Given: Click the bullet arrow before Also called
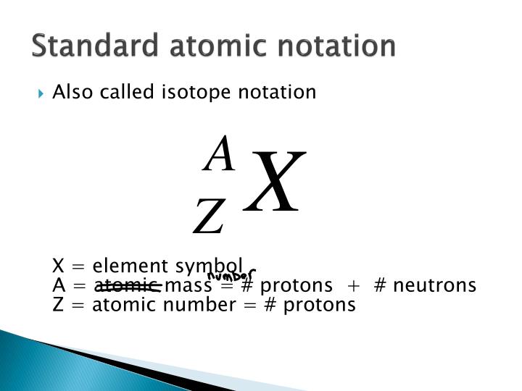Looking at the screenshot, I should pos(43,93).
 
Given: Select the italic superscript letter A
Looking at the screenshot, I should pos(220,154).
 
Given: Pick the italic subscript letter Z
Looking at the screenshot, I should pos(209,218).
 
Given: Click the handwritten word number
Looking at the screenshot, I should pos(231,276).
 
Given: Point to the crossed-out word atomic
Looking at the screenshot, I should pos(128,285).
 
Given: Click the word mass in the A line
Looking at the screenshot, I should pos(188,285).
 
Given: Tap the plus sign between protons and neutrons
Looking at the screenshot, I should pos(355,286).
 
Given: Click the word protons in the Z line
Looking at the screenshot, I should pos(320,305).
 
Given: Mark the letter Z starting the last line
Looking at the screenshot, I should pos(58,305).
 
